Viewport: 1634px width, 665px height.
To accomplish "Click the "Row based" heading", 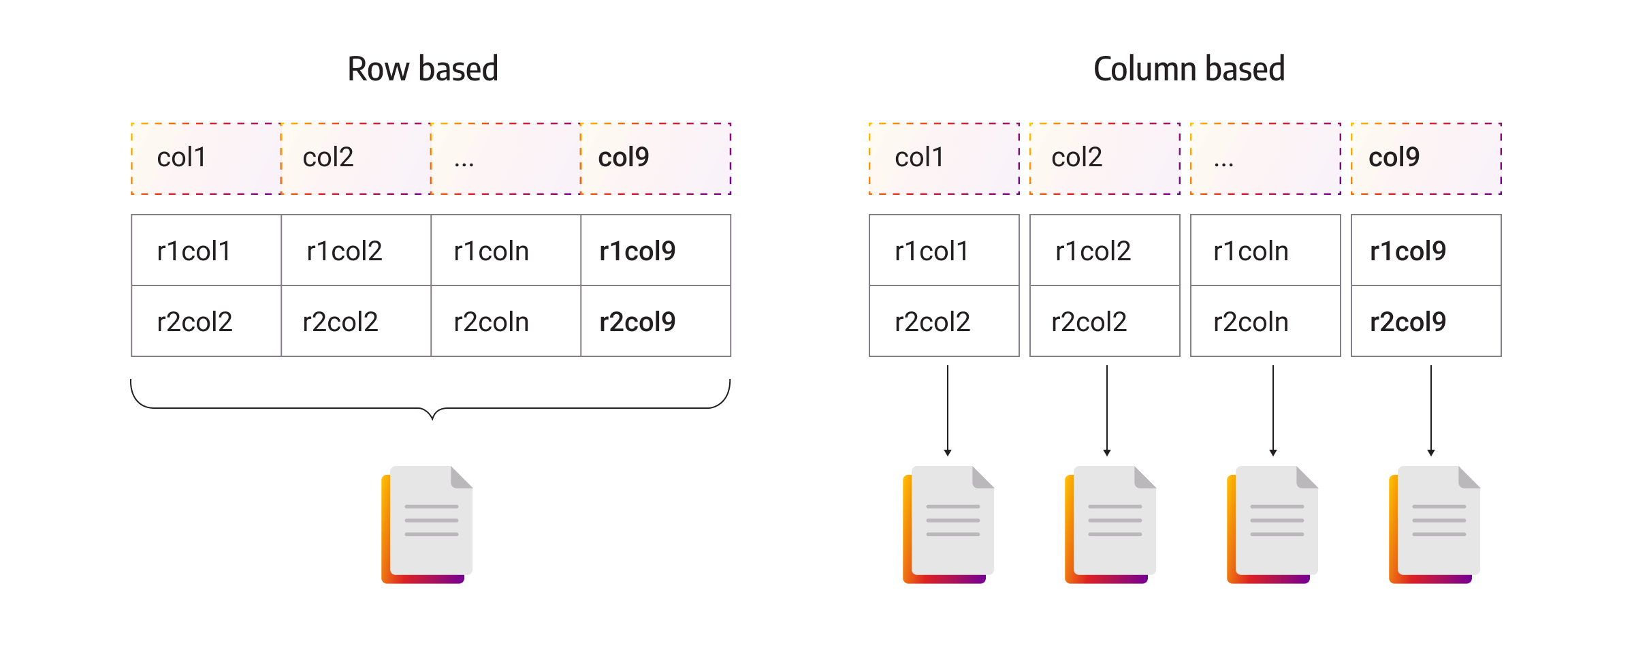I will [x=423, y=69].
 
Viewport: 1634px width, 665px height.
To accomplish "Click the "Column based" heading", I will [x=1189, y=69].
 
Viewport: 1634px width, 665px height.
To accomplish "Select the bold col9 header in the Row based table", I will [x=656, y=158].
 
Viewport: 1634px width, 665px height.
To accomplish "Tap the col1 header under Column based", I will [x=944, y=158].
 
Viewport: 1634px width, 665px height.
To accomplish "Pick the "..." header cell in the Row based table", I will [x=505, y=158].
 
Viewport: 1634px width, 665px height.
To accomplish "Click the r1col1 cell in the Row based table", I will [x=206, y=251].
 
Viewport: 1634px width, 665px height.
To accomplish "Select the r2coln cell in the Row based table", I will [x=505, y=322].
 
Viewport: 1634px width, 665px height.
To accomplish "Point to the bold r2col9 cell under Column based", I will [x=1426, y=322].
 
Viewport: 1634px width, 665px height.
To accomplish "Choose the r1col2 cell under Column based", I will [x=1104, y=251].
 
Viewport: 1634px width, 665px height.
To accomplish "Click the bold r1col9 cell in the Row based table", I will [x=656, y=251].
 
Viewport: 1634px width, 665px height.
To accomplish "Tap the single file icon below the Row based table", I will [x=427, y=525].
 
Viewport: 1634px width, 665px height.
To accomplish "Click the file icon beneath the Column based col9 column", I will [x=1435, y=525].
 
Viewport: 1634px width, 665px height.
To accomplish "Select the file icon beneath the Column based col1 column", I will [x=948, y=525].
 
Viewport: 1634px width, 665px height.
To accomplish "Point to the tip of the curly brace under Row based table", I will [x=432, y=418].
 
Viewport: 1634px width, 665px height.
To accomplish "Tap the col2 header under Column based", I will [x=1104, y=158].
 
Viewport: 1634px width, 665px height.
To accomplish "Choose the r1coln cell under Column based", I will [x=1265, y=251].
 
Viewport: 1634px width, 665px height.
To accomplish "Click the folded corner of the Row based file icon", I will [x=461, y=478].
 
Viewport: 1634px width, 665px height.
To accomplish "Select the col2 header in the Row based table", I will [x=355, y=158].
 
